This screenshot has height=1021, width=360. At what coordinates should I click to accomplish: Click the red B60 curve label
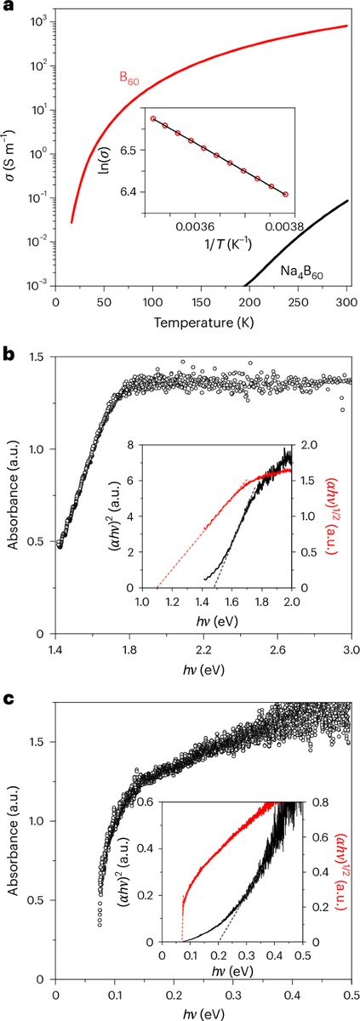129,77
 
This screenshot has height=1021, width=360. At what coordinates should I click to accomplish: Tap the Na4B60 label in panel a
305,272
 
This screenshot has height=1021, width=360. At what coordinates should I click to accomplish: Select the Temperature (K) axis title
203,322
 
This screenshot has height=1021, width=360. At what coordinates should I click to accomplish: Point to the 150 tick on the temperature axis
201,302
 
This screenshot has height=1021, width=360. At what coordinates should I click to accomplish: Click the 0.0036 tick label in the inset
197,226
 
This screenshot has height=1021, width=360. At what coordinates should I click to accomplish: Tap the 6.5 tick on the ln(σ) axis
133,150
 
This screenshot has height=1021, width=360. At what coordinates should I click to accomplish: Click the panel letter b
7,356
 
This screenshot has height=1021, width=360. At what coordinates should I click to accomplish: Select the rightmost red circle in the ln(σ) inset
286,194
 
